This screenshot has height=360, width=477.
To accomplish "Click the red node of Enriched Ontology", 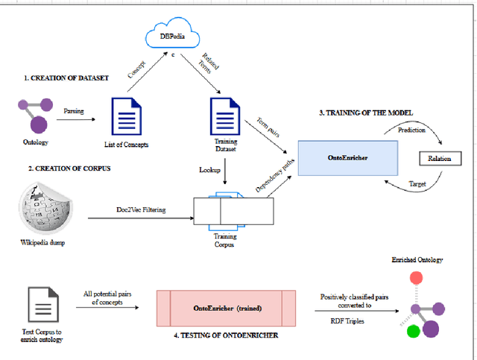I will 417,278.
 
